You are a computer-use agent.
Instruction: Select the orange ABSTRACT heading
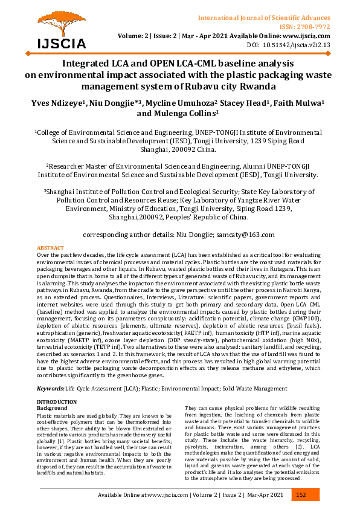pos(50,248)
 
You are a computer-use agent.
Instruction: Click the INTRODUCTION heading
pos(57,402)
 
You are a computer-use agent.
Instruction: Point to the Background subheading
pos(52,408)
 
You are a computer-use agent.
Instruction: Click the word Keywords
pos(50,387)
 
